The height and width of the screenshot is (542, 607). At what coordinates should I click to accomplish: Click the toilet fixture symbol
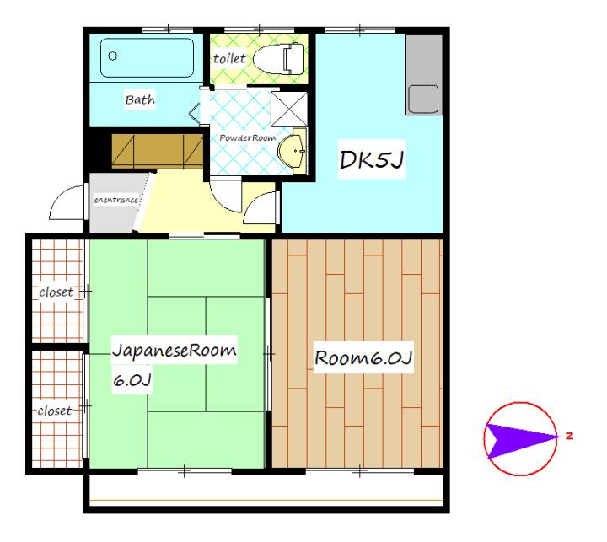coord(278,59)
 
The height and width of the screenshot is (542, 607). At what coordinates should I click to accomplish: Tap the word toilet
coord(229,59)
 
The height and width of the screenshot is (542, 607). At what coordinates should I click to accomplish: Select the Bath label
coord(140,99)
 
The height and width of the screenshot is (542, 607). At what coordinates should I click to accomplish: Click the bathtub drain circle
coord(113,56)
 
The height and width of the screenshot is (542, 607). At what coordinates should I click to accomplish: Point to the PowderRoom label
coord(247,138)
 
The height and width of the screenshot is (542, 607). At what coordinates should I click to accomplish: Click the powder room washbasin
coord(293,151)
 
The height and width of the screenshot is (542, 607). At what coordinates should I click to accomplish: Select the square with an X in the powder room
coord(289,110)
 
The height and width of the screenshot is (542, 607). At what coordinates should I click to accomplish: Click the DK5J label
coord(371,159)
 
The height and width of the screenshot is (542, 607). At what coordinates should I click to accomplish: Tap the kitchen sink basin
coord(423,99)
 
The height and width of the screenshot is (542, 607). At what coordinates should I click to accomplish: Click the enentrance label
coord(116,200)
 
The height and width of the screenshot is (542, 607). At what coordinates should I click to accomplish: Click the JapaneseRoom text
coord(175,350)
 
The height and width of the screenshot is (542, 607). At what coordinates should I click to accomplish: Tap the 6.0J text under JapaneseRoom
coord(132,380)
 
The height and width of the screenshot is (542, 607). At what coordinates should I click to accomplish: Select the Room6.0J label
coord(363,357)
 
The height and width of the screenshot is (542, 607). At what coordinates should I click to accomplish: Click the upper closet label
coord(56,292)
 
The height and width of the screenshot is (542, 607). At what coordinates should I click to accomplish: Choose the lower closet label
coord(55,411)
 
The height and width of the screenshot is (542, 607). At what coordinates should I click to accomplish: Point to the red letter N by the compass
coord(569,436)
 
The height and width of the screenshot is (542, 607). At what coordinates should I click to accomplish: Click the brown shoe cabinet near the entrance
coord(157,152)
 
